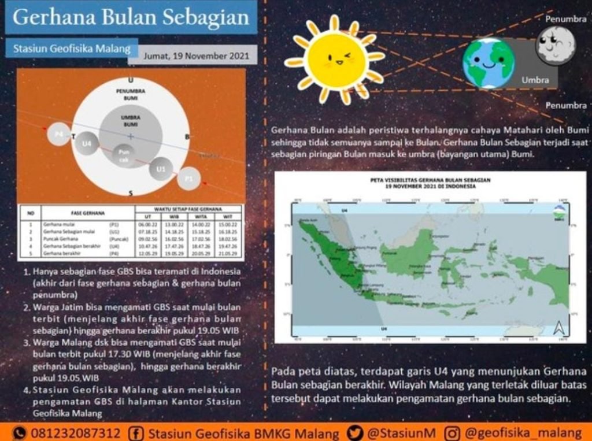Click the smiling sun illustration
click(335, 60)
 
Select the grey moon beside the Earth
click(555, 45)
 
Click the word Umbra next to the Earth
click(535, 80)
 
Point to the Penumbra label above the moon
click(566, 19)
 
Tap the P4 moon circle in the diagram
click(58, 134)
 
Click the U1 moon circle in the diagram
click(161, 169)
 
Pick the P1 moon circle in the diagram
click(188, 179)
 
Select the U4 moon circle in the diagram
click(86, 143)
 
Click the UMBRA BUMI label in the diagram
click(131, 121)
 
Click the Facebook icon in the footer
click(138, 433)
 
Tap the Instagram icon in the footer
click(454, 433)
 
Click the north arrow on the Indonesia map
click(558, 328)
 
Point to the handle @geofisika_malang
click(523, 433)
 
